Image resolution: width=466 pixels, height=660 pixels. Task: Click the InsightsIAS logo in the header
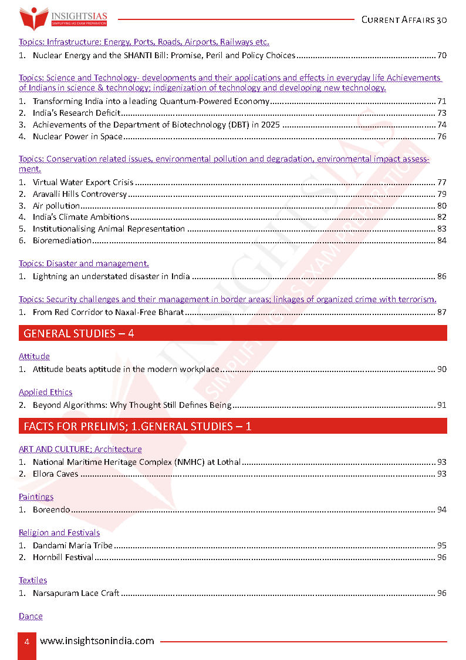64,18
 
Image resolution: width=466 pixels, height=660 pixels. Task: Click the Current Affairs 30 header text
404,19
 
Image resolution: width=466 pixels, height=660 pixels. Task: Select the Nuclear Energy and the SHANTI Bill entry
164,56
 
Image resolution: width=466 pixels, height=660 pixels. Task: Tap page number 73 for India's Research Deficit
442,113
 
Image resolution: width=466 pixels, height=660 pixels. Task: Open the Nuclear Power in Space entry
77,137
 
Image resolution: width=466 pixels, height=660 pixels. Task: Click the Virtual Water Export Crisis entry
83,183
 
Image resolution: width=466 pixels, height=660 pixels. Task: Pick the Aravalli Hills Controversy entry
80,195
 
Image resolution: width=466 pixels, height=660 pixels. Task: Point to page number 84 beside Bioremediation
442,240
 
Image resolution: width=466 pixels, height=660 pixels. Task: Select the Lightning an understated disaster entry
111,276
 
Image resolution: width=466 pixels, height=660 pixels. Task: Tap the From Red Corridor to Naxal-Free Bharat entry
108,312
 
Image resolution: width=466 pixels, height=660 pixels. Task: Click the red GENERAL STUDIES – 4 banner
232,333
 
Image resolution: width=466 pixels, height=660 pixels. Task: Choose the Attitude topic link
34,356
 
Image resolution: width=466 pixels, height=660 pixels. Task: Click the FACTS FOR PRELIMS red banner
232,426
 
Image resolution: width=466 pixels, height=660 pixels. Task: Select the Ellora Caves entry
55,474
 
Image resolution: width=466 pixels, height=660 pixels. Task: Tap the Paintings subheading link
36,497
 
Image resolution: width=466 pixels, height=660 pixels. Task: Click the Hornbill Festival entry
63,557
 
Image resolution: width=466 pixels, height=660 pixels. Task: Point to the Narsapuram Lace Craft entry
76,593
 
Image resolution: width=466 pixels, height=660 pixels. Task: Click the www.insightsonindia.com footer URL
97,641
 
